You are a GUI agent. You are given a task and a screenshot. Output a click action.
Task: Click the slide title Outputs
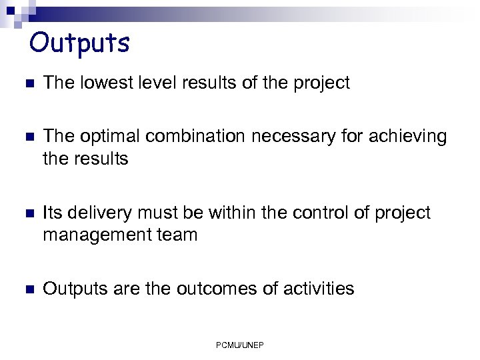[x=79, y=43]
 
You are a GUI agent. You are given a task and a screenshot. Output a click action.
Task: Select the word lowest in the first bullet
[x=103, y=83]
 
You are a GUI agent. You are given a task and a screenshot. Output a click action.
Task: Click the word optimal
[x=109, y=137]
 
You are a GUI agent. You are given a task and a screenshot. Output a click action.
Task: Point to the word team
[x=177, y=235]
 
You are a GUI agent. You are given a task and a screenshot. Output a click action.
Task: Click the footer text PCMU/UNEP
[x=240, y=345]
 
